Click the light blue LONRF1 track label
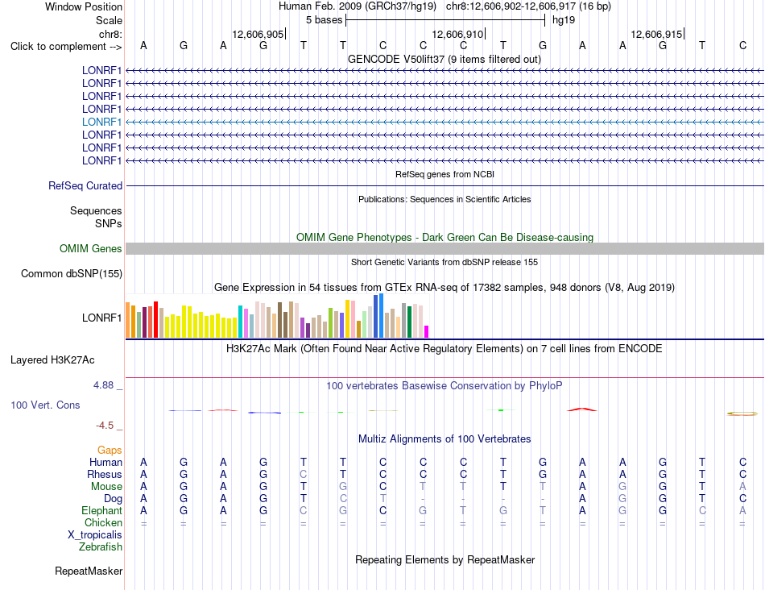[x=101, y=122]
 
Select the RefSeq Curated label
[x=85, y=185]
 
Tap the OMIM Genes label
[x=91, y=248]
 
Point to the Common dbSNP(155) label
[x=72, y=273]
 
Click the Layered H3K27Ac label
[x=52, y=360]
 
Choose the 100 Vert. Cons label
[x=45, y=405]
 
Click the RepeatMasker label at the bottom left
[x=89, y=571]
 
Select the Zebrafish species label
[x=101, y=547]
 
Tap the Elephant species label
[x=102, y=510]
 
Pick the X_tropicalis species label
[x=95, y=535]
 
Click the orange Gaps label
[x=110, y=450]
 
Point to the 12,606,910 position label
[x=457, y=34]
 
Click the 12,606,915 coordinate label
[x=656, y=34]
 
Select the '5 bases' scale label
[x=325, y=20]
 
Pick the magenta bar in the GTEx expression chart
[x=427, y=331]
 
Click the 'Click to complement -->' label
[x=66, y=47]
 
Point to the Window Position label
[x=84, y=6]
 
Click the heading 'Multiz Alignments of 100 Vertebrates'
[x=445, y=438]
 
